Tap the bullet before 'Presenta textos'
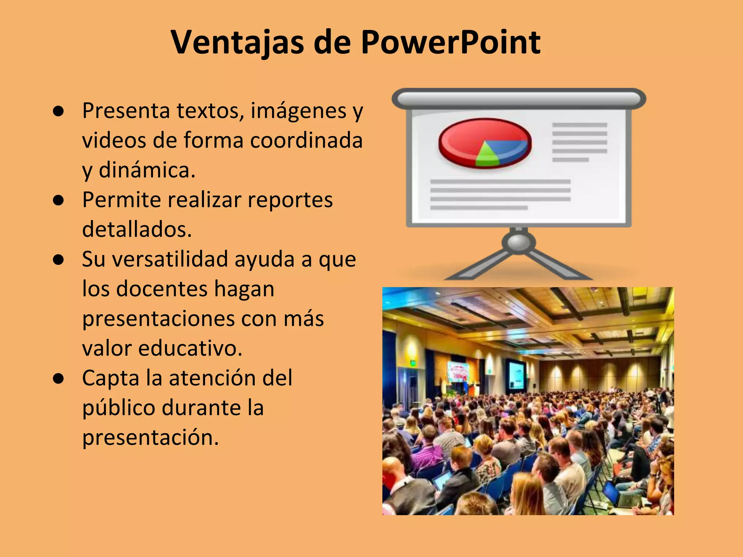[58, 111]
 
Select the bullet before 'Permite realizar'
[58, 200]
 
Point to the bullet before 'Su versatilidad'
[58, 260]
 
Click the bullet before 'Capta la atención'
[58, 379]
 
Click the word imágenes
[298, 111]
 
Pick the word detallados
[137, 230]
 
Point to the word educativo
[190, 348]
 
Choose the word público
[119, 408]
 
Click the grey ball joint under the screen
[519, 242]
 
